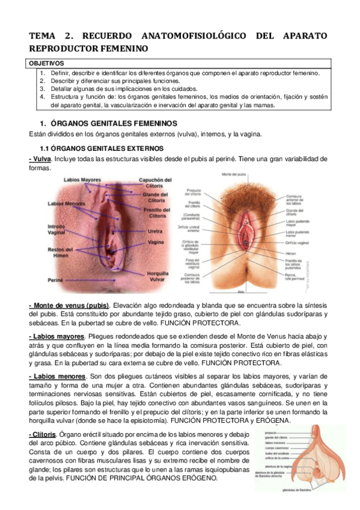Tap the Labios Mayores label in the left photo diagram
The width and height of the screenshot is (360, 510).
click(x=84, y=179)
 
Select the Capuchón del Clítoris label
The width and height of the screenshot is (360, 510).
click(x=155, y=182)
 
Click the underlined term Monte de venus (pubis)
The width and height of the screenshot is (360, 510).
click(x=69, y=305)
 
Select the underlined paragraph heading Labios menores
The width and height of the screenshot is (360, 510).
click(x=56, y=376)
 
